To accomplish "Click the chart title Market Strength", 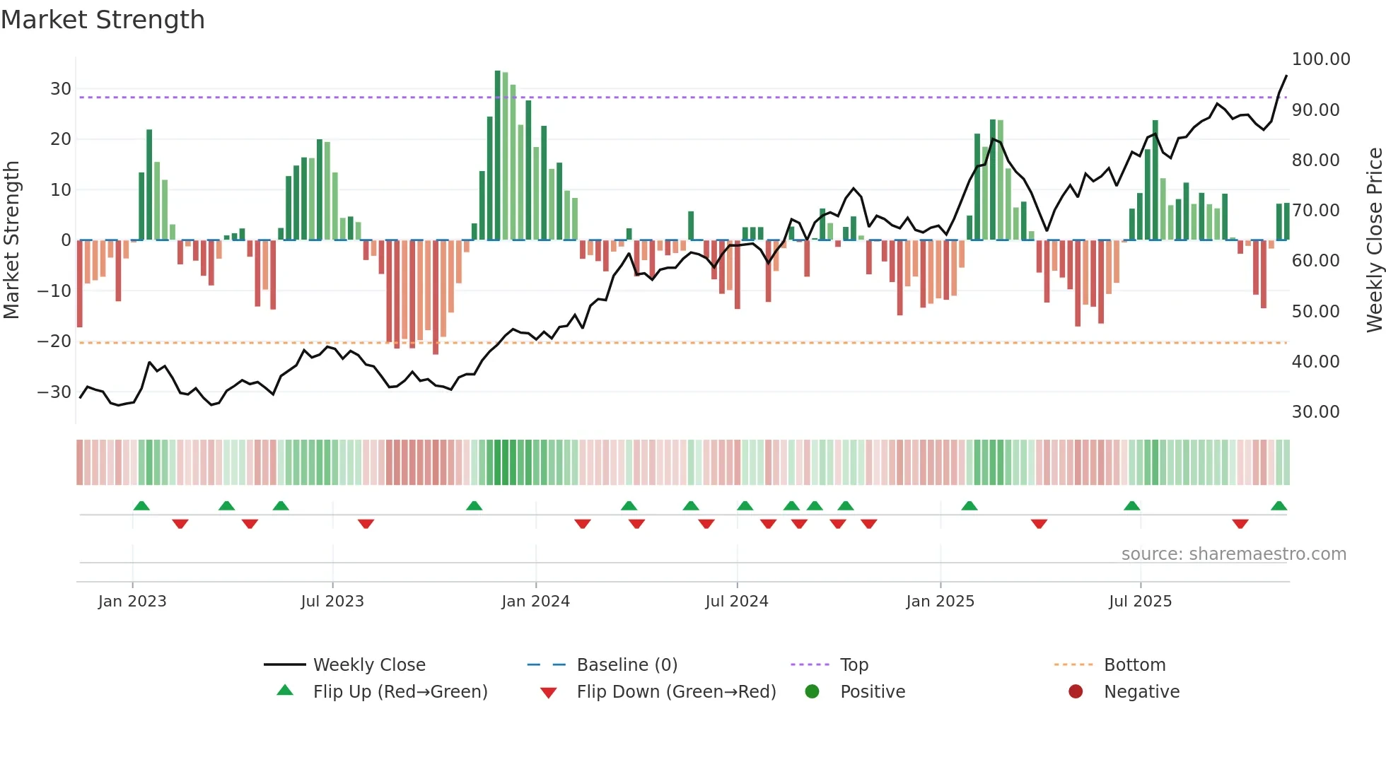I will (103, 20).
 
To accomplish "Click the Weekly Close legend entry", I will (368, 664).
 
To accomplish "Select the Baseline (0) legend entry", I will (627, 664).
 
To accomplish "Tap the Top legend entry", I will (854, 664).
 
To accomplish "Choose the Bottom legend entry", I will (1134, 664).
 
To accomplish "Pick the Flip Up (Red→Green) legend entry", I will (400, 691).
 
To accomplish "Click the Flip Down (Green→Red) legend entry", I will (675, 691).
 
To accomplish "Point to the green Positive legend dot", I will (812, 691).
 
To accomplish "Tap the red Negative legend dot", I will (1076, 691).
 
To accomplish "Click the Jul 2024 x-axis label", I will (736, 601).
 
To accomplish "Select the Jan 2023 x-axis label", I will (132, 601).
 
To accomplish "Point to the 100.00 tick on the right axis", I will (1320, 59).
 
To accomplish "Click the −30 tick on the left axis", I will (54, 392).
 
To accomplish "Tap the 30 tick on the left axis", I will (61, 89).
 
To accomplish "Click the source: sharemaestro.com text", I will (1233, 553).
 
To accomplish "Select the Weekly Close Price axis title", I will (1374, 240).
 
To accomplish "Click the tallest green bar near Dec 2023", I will (498, 156).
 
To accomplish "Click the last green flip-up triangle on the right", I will (1279, 506).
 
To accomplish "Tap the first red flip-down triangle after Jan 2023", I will (180, 524).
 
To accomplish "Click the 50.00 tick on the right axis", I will (1315, 312).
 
